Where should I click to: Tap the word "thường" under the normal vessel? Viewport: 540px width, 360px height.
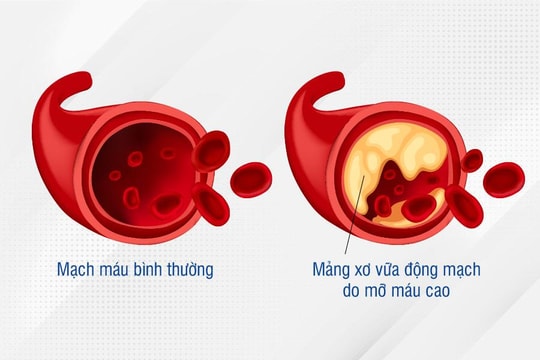[x=188, y=270]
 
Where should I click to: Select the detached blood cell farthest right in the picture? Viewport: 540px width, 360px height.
[x=506, y=178]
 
